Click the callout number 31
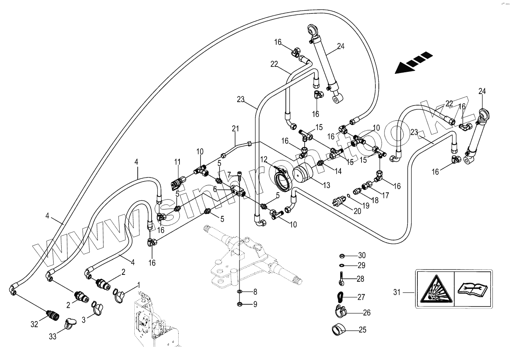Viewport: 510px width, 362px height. coord(397,292)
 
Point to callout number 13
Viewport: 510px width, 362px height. coord(326,185)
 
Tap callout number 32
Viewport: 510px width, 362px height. coord(34,324)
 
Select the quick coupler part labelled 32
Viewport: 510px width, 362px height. coord(52,315)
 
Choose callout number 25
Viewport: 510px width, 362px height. coord(362,330)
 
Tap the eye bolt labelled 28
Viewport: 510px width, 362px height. coord(342,279)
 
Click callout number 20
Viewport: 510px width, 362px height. coord(357,211)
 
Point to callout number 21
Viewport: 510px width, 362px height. coord(235,129)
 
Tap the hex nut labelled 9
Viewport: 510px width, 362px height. coord(239,304)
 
